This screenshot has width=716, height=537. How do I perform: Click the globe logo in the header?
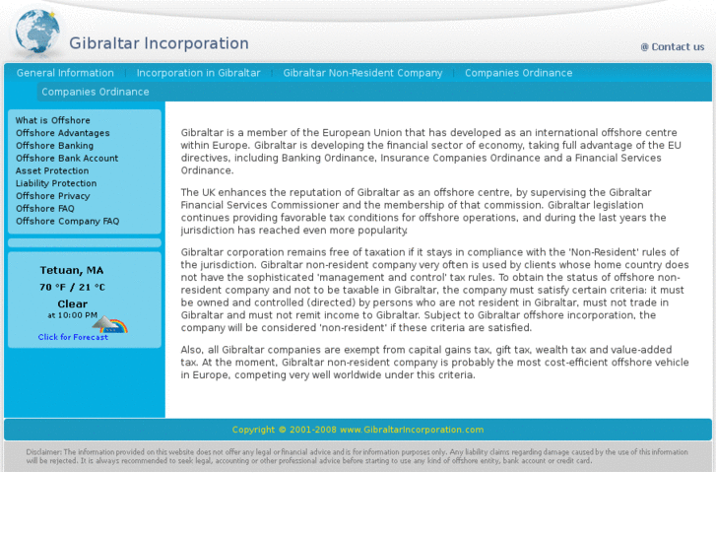(37, 32)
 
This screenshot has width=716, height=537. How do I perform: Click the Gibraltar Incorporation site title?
(159, 43)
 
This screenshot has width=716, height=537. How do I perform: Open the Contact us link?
(673, 46)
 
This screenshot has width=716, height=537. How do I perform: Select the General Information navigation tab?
(65, 73)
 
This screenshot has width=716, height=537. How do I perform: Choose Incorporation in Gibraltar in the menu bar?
(198, 73)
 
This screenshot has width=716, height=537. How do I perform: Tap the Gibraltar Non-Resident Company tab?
(362, 73)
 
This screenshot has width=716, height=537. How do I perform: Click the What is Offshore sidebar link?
(52, 120)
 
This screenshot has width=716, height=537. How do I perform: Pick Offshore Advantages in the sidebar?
(62, 133)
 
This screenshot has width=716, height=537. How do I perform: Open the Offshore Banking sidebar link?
(54, 146)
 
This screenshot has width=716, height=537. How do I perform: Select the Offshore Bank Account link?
(66, 158)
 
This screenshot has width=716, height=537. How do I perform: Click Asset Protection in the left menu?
(51, 170)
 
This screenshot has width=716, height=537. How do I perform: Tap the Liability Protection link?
(56, 183)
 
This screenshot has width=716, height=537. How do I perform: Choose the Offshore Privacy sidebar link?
(52, 196)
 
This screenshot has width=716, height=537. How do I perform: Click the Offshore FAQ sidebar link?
(44, 208)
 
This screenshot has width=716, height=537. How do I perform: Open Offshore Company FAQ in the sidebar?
(67, 221)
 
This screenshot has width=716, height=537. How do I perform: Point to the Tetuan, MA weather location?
(71, 270)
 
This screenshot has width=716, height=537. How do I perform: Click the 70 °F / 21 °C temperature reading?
(72, 287)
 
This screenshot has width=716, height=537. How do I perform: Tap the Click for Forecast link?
(73, 337)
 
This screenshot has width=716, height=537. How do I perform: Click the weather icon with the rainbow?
(110, 324)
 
